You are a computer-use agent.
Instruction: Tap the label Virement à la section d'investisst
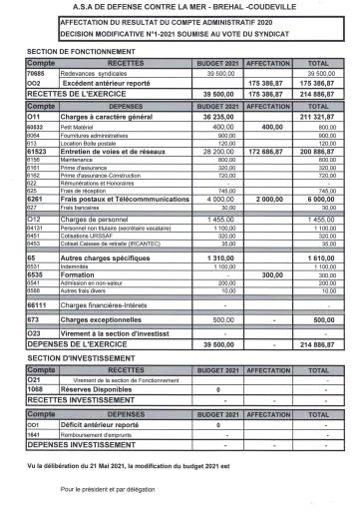point(117,333)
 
